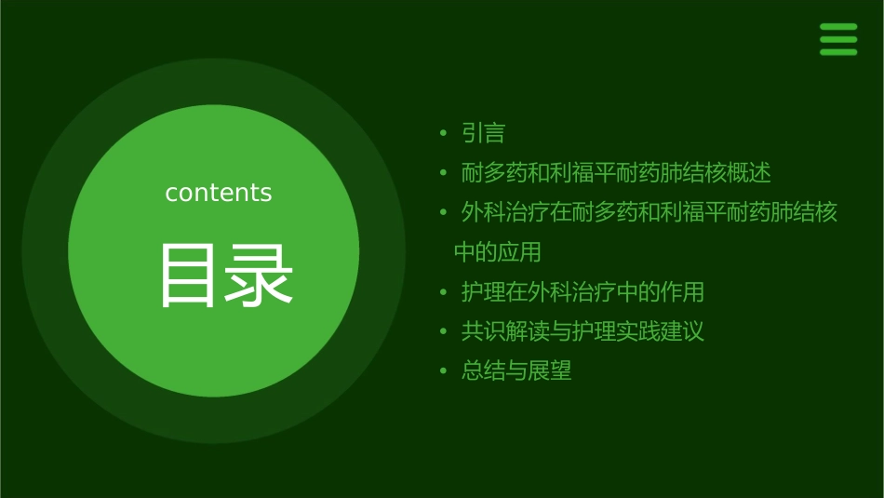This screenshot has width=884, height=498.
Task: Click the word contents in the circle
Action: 219,193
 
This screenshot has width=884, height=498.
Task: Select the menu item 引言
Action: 483,134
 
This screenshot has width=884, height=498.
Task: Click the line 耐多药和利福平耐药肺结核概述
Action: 616,173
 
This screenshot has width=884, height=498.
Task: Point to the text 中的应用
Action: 497,252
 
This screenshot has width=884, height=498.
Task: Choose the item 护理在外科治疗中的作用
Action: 583,292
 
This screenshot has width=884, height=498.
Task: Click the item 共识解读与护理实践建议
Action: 583,331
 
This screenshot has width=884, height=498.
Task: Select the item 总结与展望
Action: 516,371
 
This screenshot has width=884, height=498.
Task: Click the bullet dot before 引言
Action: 444,134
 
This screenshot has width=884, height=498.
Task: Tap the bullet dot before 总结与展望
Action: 444,371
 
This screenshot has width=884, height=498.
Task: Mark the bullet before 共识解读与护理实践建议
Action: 444,331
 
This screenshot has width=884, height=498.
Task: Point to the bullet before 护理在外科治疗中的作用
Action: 444,292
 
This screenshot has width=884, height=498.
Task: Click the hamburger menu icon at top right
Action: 838,39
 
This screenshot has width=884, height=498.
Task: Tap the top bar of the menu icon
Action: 838,27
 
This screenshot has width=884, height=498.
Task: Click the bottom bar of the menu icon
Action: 838,52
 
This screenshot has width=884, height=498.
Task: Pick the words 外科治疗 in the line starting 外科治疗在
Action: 505,213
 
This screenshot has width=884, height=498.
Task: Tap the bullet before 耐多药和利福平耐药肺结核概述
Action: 444,173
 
